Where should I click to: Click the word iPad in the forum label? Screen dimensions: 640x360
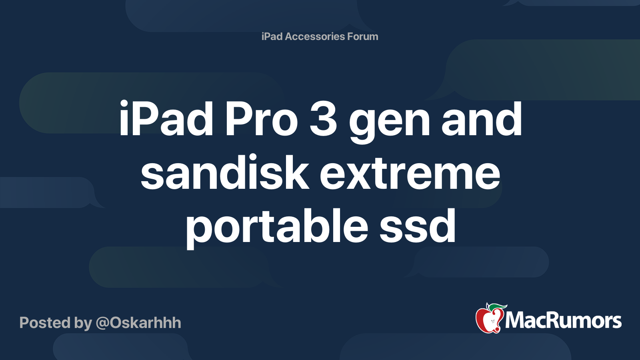click(x=272, y=36)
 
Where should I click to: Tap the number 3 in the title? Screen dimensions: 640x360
click(x=324, y=118)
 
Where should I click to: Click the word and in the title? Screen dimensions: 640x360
click(x=482, y=118)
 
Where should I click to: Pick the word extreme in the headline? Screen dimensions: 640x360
click(x=410, y=174)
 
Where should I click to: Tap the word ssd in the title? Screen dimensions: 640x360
click(x=418, y=226)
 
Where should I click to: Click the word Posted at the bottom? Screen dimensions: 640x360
click(x=45, y=323)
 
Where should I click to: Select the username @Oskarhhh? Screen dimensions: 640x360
click(x=138, y=323)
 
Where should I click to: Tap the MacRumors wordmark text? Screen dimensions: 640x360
click(x=563, y=320)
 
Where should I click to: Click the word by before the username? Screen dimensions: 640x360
click(x=83, y=324)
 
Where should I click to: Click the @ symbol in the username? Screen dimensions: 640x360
click(x=102, y=324)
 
